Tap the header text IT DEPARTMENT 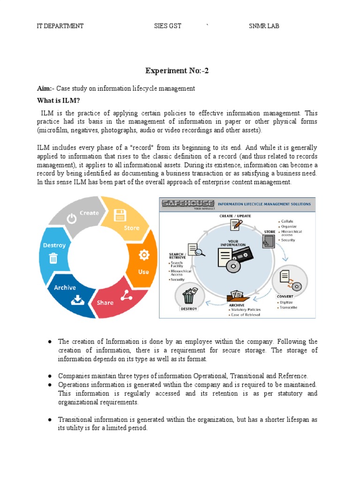(x=60, y=26)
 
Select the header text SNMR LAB (x=263, y=26)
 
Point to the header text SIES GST (x=168, y=26)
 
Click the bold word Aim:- (x=46, y=89)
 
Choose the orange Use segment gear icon (x=144, y=255)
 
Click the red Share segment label (x=105, y=302)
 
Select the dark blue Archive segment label (x=65, y=287)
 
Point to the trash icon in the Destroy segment (x=53, y=258)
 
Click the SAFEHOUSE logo (x=187, y=203)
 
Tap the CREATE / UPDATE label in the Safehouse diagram (x=235, y=216)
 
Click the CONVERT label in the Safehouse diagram (x=285, y=296)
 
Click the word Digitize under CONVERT (x=287, y=302)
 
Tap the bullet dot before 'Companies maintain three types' (x=49, y=376)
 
